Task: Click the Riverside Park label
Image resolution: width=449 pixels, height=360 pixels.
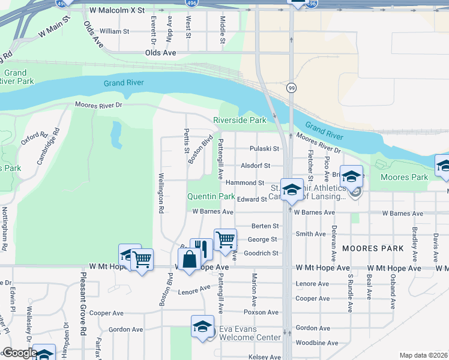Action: tap(240, 120)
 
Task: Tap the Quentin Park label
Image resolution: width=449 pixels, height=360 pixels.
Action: tap(211, 196)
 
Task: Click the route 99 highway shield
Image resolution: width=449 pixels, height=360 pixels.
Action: tap(291, 88)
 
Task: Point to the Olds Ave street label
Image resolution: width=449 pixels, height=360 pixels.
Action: tap(160, 53)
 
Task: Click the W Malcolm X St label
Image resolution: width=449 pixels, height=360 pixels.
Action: tap(117, 11)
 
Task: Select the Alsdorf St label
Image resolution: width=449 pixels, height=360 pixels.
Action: tap(256, 166)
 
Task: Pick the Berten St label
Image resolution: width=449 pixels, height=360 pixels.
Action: tap(265, 226)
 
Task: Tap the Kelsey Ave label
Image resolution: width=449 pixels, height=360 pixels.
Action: tap(264, 357)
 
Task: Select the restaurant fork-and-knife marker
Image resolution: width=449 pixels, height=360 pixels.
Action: tap(202, 248)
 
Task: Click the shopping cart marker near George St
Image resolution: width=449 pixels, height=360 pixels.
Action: tap(225, 239)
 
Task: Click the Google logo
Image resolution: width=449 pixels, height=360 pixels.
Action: tap(19, 353)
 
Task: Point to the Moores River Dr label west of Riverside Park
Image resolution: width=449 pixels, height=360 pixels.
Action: tap(98, 105)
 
